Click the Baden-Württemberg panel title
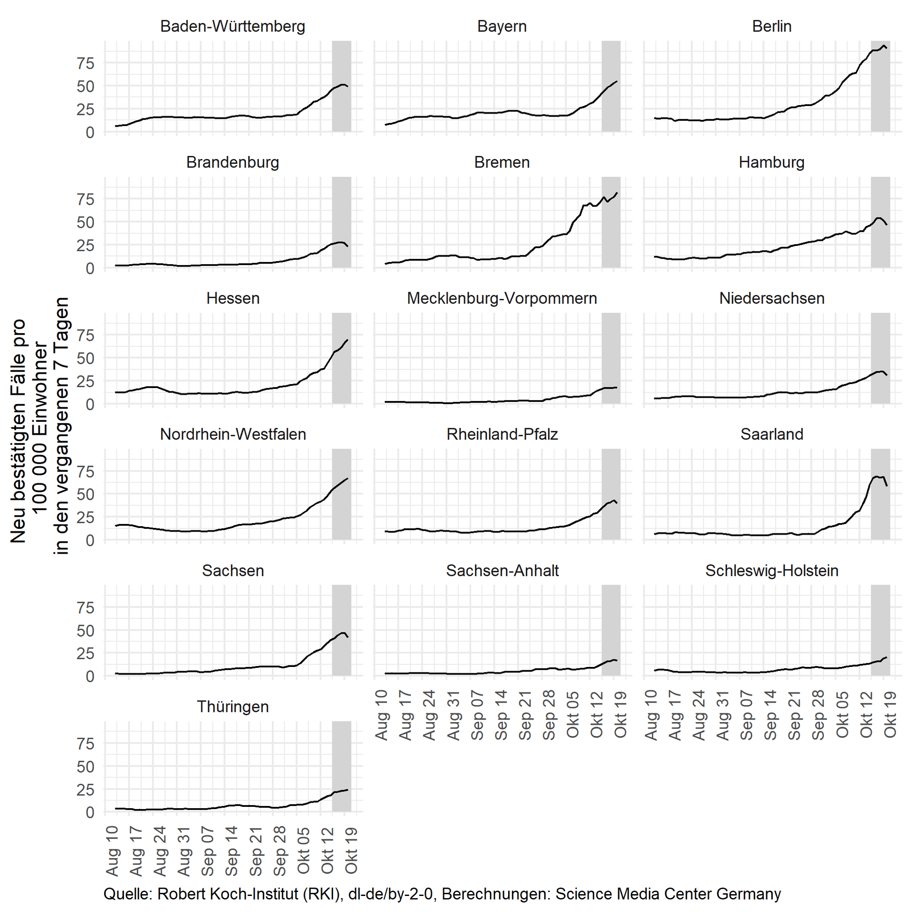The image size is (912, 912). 233,26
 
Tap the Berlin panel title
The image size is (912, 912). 771,26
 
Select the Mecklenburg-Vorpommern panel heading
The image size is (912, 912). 502,298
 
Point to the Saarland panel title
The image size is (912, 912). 771,434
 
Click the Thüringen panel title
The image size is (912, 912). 233,707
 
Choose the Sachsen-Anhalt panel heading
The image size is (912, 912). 502,571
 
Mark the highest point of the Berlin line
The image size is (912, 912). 883,45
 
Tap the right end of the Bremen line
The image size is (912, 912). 617,193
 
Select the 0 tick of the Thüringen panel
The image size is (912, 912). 90,812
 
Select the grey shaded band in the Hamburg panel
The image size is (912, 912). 880,222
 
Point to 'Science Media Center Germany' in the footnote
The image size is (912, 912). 668,894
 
